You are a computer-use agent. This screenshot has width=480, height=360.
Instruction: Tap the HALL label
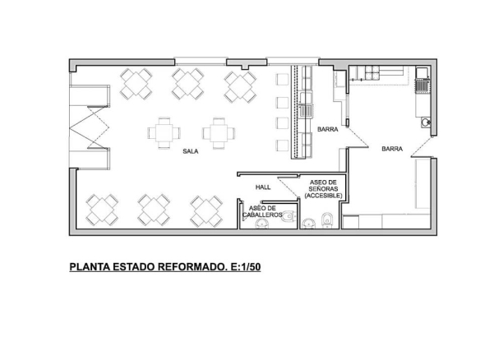[263, 187]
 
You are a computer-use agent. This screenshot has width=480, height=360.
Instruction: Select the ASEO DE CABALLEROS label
[265, 211]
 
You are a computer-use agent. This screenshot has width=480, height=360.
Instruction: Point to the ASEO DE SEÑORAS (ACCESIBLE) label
[321, 189]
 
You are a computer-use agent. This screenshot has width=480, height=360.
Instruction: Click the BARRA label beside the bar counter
[328, 129]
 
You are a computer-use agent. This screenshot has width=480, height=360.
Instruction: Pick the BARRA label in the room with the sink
[391, 149]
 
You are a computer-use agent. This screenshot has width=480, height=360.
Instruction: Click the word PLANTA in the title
[91, 267]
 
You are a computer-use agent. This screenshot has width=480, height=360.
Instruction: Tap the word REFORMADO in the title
[189, 267]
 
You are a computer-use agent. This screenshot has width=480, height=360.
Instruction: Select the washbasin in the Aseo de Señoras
[307, 223]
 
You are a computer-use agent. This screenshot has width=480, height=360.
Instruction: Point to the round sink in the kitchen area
[426, 124]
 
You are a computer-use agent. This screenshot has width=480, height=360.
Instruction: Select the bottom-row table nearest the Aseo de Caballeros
[207, 210]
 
